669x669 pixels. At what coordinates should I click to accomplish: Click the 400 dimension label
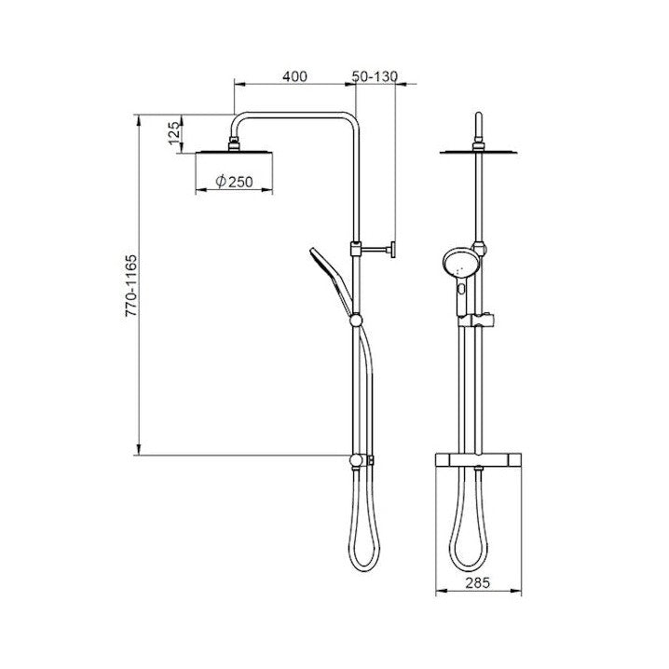(x=294, y=76)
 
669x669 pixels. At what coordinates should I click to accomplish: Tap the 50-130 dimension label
(x=375, y=76)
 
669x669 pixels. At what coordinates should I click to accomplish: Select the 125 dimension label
(x=174, y=133)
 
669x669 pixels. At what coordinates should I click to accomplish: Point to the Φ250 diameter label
(x=234, y=183)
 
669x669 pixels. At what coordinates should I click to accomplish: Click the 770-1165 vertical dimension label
(x=131, y=285)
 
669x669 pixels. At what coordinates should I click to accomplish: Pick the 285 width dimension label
(x=478, y=582)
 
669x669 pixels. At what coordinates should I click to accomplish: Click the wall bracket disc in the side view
(x=392, y=250)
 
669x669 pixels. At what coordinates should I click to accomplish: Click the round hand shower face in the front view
(x=461, y=264)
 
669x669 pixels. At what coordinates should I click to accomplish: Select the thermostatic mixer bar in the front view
(x=478, y=460)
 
